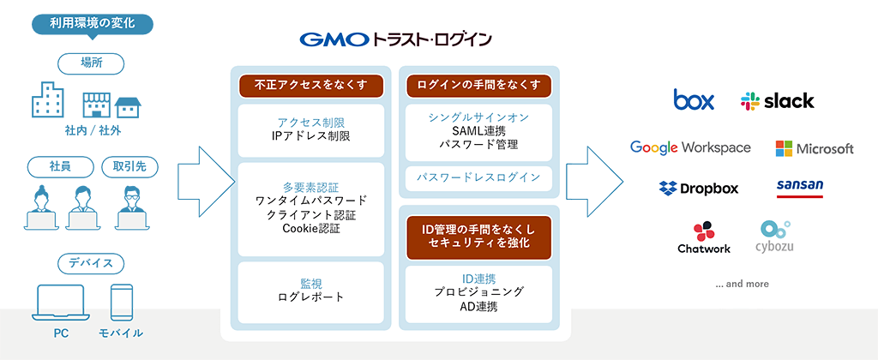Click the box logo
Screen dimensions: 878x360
point(694,99)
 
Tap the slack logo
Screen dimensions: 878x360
point(777,101)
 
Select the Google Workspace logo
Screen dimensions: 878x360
point(690,147)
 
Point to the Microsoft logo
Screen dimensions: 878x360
point(815,148)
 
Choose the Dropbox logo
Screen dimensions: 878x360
point(699,188)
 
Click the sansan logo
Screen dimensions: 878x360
point(800,188)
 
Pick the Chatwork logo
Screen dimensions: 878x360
point(704,237)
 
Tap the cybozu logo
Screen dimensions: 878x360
point(775,237)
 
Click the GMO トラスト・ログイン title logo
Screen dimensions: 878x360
point(396,39)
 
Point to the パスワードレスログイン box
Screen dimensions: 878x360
point(478,177)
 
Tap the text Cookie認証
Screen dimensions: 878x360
point(311,229)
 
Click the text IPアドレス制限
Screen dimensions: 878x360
point(311,135)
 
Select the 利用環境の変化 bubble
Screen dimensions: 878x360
point(93,25)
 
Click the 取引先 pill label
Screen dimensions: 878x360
point(130,165)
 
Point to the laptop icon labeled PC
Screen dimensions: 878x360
point(61,303)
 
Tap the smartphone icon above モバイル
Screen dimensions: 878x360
point(122,303)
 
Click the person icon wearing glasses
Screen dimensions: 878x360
point(130,207)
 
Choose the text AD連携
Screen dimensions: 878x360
point(478,306)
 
